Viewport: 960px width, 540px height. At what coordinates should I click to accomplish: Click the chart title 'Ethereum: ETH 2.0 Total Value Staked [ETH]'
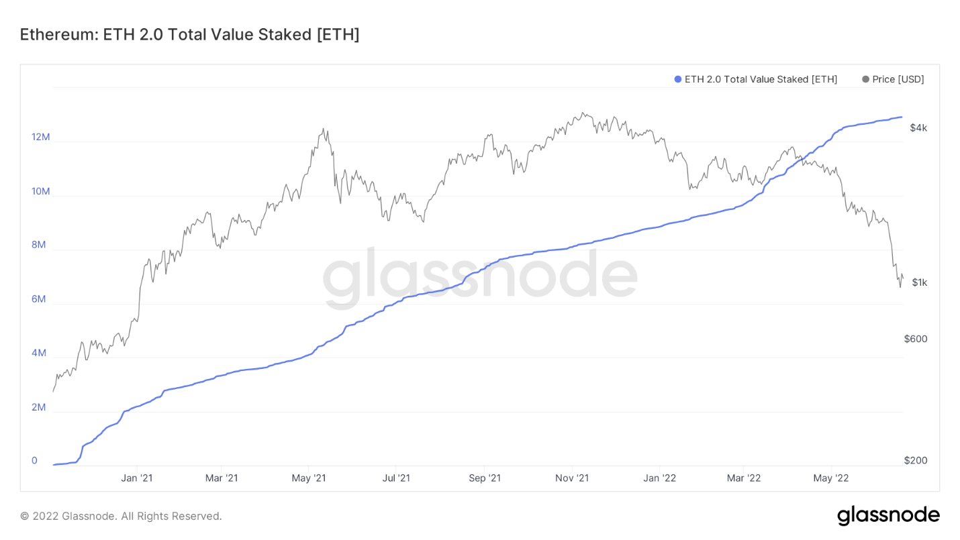point(189,35)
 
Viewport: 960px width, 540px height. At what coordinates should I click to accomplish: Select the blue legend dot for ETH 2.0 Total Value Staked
point(677,79)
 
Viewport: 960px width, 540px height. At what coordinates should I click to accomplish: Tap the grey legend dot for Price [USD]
point(865,79)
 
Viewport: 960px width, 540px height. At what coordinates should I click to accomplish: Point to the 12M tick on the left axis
point(40,137)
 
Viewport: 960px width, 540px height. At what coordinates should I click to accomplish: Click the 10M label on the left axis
point(40,191)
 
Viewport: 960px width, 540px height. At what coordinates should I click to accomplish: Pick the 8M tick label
point(38,245)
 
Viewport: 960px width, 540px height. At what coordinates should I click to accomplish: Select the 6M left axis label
point(38,299)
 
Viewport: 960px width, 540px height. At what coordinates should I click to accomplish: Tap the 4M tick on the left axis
point(38,353)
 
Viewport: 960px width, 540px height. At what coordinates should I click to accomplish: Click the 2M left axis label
point(38,407)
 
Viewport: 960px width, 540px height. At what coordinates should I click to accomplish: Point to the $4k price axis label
point(918,127)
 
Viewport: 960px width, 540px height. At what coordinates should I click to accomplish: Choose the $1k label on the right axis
point(919,282)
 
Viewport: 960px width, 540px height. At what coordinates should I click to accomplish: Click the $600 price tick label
point(916,339)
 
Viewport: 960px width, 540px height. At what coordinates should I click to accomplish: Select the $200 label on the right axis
point(916,460)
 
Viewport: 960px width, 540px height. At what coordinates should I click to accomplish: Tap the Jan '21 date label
point(137,478)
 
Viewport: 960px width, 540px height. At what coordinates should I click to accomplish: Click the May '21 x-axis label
point(309,478)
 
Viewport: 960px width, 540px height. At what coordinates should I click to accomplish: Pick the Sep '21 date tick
point(485,478)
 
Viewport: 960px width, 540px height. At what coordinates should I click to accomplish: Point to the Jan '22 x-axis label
point(659,478)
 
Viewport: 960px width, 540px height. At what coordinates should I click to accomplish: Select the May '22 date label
point(831,478)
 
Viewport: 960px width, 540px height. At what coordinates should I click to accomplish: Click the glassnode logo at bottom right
point(888,515)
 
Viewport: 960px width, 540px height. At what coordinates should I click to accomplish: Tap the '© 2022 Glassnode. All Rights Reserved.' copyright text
point(121,516)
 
